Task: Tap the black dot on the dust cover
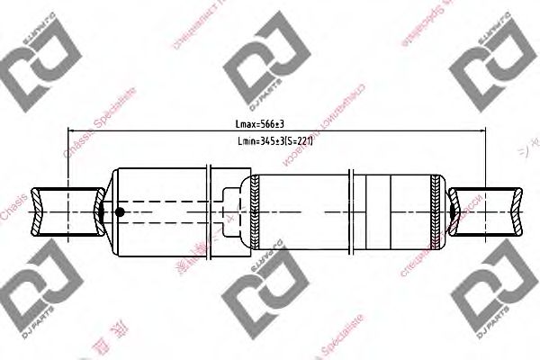point(119,213)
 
